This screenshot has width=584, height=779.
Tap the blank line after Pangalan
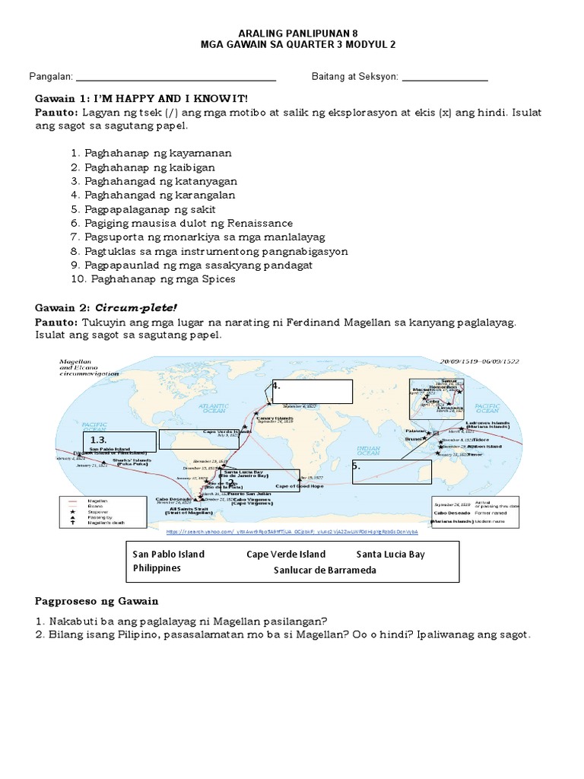tap(176, 78)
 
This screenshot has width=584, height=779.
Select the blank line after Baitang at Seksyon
tap(444, 78)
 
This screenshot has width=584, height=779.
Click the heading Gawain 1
tap(141, 100)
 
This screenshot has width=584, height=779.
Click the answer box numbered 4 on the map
tap(312, 391)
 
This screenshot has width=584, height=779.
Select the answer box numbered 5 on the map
tap(391, 471)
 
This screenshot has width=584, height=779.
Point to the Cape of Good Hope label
tap(299, 485)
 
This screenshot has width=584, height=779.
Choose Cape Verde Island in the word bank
tap(286, 554)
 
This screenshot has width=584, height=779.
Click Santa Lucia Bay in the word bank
tap(390, 554)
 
